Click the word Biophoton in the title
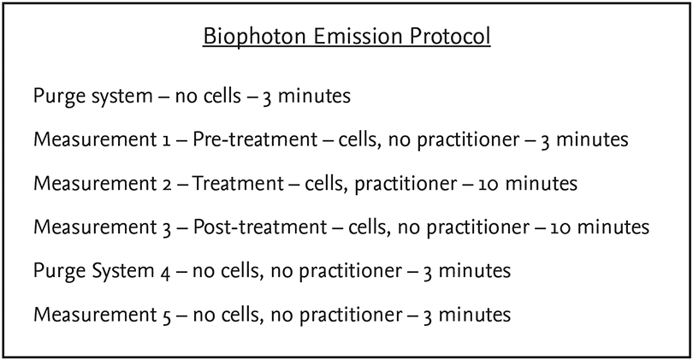point(255,37)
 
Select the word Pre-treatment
point(255,139)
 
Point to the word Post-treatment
point(260,227)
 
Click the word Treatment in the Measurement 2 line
point(237,183)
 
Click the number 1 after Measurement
point(165,140)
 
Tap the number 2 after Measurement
point(166,184)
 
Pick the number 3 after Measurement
point(166,229)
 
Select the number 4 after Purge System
point(165,273)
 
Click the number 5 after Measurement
point(166,316)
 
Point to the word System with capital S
point(123,272)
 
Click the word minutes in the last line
point(474,315)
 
